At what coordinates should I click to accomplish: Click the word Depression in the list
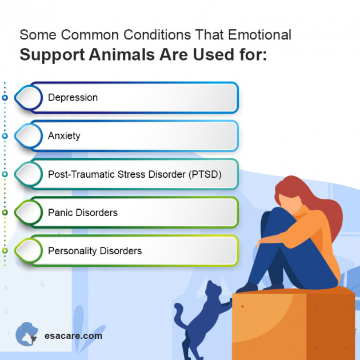tap(73, 98)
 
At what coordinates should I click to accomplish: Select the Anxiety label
tap(64, 136)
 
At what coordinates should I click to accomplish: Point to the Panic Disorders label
tap(82, 213)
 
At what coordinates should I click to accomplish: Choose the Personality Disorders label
tap(94, 251)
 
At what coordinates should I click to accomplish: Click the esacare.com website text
tap(73, 336)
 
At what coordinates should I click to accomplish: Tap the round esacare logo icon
tap(26, 334)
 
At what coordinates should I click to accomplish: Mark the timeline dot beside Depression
tap(5, 98)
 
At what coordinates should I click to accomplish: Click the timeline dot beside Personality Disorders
tap(5, 251)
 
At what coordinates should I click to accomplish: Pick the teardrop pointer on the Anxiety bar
tap(26, 136)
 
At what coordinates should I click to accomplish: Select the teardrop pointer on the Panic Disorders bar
tap(26, 213)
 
